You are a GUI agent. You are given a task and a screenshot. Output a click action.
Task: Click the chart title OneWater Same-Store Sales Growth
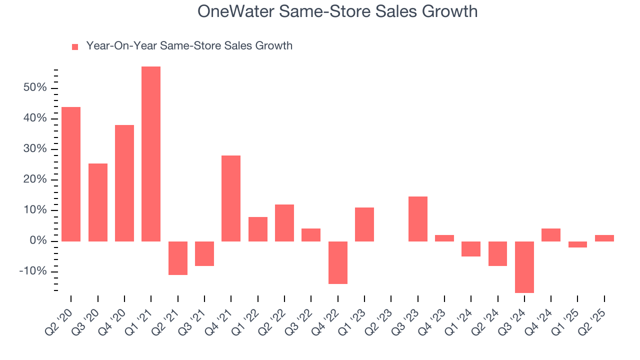click(x=337, y=11)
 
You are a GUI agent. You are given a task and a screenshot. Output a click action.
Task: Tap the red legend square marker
click(x=75, y=47)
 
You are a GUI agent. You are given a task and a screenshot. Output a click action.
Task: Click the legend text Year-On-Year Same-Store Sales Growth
click(x=189, y=46)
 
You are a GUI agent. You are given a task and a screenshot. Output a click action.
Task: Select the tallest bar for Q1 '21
click(x=151, y=154)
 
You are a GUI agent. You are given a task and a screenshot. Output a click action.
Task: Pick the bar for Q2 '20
click(x=71, y=174)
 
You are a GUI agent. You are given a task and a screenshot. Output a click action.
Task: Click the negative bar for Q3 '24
click(x=524, y=267)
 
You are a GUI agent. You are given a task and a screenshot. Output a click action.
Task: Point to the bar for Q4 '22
click(x=338, y=262)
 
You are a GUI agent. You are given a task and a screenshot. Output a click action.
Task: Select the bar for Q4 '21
click(x=231, y=198)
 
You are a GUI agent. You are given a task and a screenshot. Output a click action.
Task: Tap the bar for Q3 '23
click(x=418, y=219)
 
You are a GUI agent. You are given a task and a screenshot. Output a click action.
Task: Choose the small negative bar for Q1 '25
click(x=577, y=244)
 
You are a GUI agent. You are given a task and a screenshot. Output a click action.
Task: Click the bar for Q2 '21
click(x=178, y=258)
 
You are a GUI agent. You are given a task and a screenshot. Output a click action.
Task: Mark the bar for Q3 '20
click(x=98, y=202)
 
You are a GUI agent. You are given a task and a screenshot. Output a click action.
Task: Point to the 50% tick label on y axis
click(x=34, y=88)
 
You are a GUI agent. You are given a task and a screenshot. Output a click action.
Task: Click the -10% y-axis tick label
click(x=32, y=271)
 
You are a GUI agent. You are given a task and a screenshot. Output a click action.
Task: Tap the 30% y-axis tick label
click(x=34, y=149)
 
